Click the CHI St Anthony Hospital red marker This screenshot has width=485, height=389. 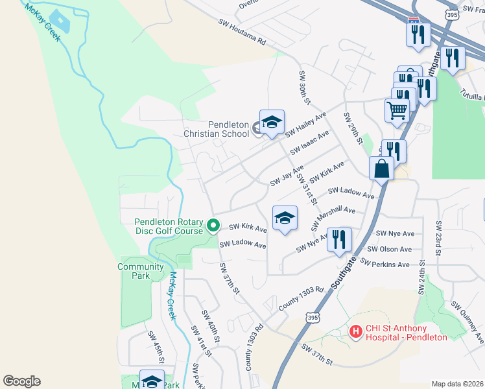(x=355, y=331)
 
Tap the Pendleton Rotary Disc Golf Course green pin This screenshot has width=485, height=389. (x=213, y=226)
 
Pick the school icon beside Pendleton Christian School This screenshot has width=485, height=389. (x=272, y=122)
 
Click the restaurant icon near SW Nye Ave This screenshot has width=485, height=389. (x=339, y=240)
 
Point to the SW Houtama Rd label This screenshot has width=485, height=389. (x=242, y=32)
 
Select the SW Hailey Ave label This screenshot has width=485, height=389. (x=305, y=124)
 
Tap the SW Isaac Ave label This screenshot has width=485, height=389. (x=310, y=142)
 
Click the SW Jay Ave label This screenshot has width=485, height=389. (x=287, y=174)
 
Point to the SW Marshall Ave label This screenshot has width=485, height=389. (x=333, y=217)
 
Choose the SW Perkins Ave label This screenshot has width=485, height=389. (x=385, y=265)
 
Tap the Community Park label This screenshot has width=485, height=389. (x=141, y=271)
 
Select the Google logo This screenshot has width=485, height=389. (x=21, y=381)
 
